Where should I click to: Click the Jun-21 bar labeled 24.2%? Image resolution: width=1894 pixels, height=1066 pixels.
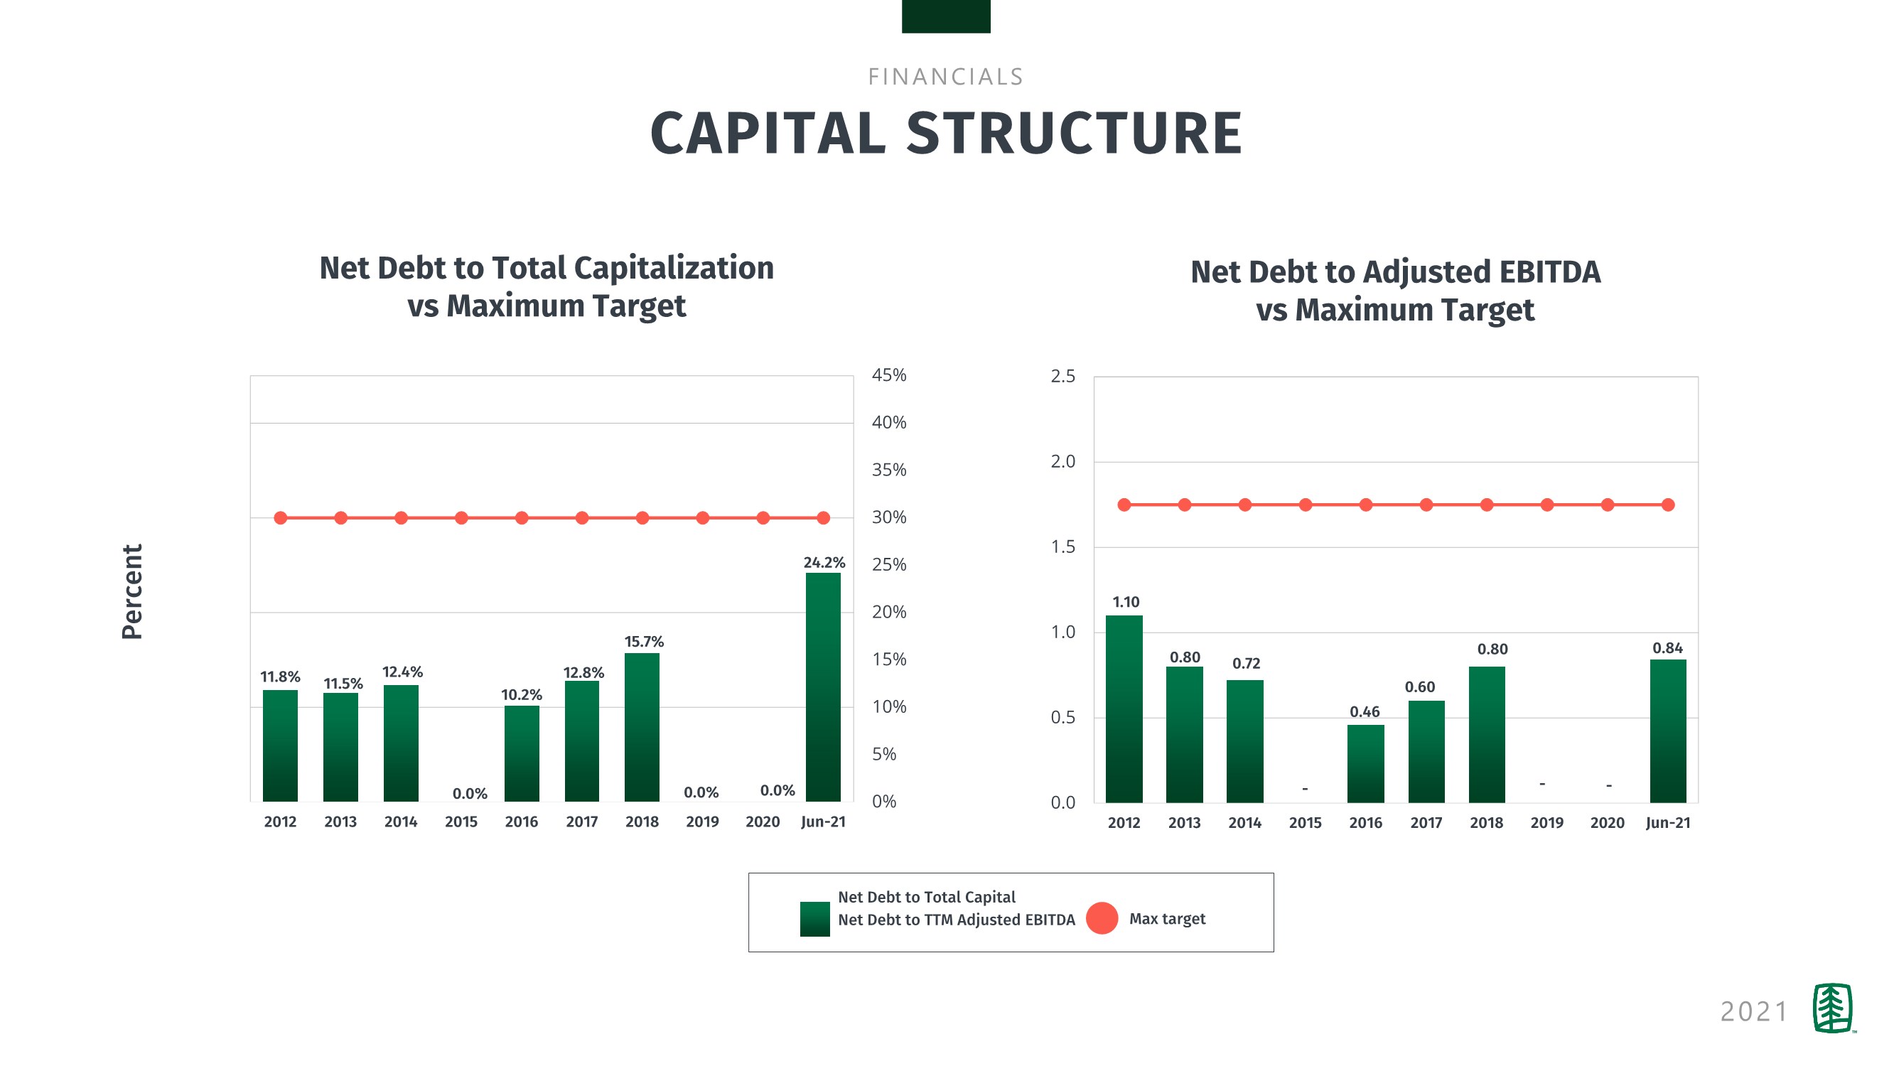(x=823, y=687)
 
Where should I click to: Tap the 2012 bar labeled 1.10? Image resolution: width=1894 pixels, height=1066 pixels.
(x=1124, y=709)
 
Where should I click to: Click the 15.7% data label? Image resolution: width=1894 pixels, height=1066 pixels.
(x=643, y=642)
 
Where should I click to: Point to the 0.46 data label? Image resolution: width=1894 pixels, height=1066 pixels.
(x=1364, y=711)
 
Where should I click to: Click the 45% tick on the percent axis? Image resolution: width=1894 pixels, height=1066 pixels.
(x=889, y=375)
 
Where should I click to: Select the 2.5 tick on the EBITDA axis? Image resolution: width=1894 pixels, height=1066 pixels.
(x=1062, y=377)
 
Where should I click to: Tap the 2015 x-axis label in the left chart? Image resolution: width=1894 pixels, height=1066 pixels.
(x=461, y=822)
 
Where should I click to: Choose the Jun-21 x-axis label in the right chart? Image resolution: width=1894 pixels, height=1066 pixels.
(x=1667, y=824)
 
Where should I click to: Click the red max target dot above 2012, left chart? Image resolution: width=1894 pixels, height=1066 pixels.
(x=280, y=518)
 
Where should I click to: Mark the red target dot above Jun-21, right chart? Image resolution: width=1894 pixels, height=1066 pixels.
(x=1667, y=505)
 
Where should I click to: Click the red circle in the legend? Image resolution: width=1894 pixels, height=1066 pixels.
(x=1102, y=918)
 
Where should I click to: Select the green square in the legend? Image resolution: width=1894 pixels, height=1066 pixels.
(x=814, y=919)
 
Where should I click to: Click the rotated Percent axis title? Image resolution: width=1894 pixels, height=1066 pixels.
(x=132, y=592)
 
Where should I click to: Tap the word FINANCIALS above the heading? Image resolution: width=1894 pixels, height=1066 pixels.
(x=945, y=77)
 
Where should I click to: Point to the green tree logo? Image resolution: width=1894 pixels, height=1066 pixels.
(x=1832, y=1008)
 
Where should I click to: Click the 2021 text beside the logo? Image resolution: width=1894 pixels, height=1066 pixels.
(x=1753, y=1011)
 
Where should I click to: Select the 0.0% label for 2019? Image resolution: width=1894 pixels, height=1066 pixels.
(x=701, y=792)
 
